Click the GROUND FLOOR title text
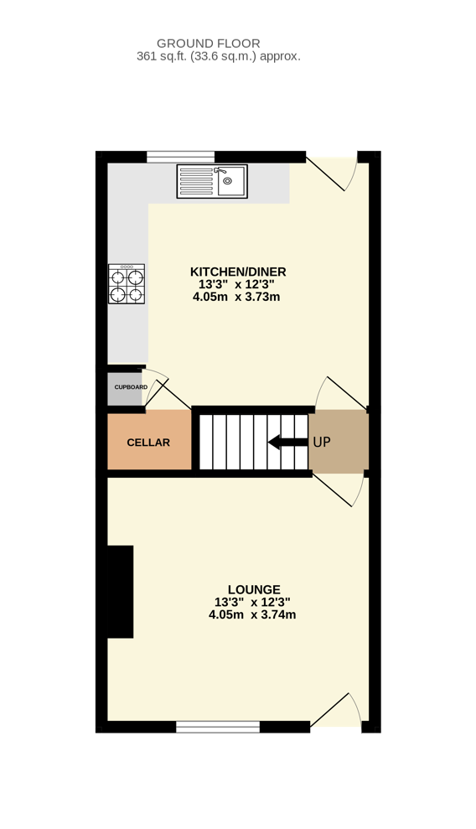click(208, 44)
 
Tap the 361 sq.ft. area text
click(218, 56)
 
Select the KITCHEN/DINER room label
click(238, 272)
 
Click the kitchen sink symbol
click(212, 181)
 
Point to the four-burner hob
click(127, 284)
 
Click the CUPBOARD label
click(131, 387)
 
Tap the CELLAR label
click(148, 443)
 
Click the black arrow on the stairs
click(288, 442)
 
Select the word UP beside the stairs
click(322, 442)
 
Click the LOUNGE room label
click(254, 589)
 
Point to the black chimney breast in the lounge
click(121, 592)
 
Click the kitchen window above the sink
click(181, 157)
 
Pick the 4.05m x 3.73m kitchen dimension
click(236, 297)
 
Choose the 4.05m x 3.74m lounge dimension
click(252, 615)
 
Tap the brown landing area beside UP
click(339, 442)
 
